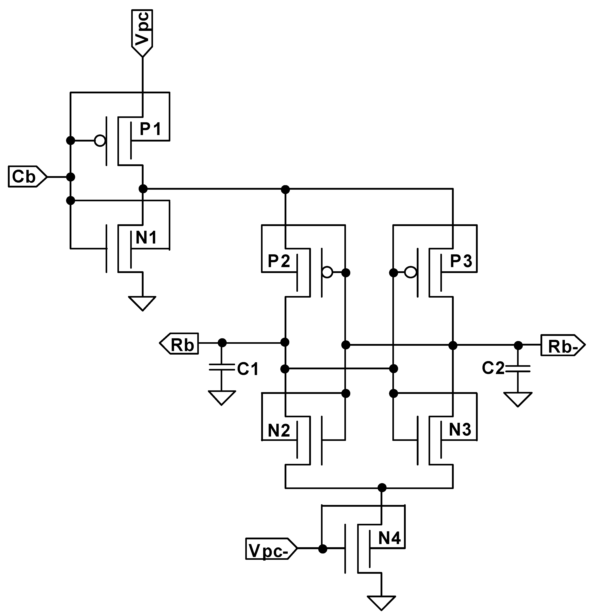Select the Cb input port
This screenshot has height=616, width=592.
point(25,177)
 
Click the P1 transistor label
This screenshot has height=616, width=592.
point(150,129)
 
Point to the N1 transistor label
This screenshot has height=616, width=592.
point(146,238)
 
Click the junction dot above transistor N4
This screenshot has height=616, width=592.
point(382,488)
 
